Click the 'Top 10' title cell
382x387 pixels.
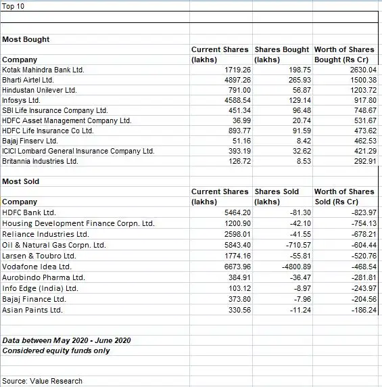tap(13, 6)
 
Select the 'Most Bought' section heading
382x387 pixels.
tap(26, 39)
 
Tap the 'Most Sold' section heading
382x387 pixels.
tap(21, 181)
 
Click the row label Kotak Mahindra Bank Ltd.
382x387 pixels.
tap(43, 70)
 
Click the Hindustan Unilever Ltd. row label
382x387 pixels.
tap(40, 90)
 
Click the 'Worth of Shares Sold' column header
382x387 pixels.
tap(343, 196)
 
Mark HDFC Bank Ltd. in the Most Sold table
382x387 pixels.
tap(29, 212)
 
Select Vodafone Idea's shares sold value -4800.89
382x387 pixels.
tap(292, 267)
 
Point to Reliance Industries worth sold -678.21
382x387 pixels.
tap(362, 234)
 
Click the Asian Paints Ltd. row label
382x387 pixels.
tap(32, 310)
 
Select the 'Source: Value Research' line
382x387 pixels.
tap(43, 381)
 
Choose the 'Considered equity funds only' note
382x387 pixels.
tap(56, 350)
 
